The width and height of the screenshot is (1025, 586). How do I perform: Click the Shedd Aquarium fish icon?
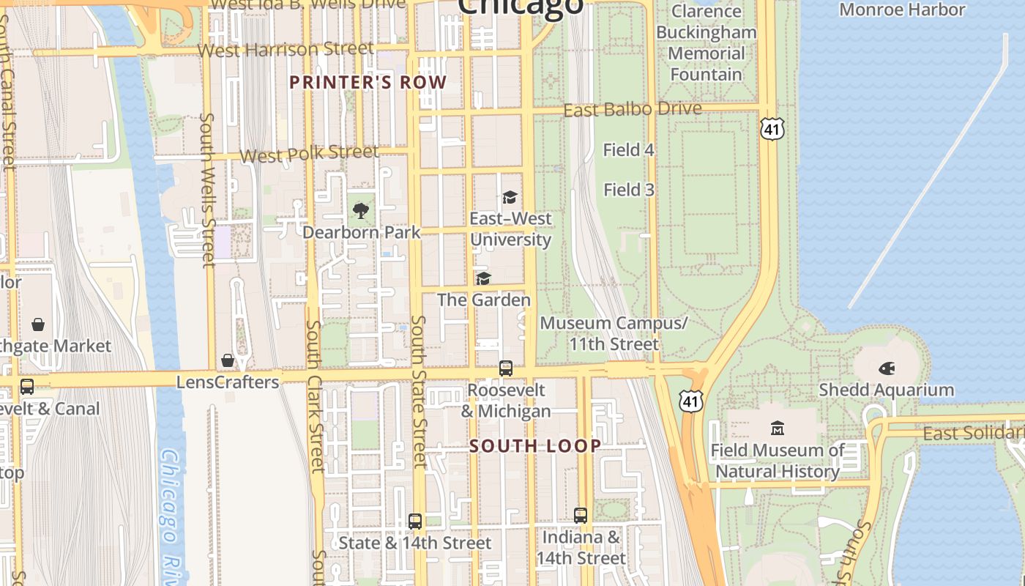887,368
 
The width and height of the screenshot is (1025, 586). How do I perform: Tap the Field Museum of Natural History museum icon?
778,428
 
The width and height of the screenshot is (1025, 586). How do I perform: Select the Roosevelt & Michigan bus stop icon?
506,368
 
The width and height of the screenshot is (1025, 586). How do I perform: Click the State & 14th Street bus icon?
415,522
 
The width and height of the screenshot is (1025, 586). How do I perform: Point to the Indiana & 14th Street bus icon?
581,516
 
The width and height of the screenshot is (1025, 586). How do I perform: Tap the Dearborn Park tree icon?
360,211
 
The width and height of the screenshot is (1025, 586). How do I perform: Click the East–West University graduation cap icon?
510,197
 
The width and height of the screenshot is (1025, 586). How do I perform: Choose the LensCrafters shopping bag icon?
228,360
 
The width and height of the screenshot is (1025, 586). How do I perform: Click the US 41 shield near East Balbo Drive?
772,129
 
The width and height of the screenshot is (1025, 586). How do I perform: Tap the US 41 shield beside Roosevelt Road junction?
690,400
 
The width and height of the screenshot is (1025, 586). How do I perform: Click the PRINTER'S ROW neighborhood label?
368,82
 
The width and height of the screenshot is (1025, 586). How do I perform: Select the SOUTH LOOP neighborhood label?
535,445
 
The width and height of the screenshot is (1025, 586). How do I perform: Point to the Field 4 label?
628,150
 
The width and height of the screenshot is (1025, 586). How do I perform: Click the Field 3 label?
628,190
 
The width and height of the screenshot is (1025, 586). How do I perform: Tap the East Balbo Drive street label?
633,109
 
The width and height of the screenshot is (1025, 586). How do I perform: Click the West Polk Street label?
309,154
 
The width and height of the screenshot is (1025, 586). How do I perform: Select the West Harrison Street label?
286,50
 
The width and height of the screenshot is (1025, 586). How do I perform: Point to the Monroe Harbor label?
902,10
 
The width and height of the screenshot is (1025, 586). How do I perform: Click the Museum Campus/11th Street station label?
614,333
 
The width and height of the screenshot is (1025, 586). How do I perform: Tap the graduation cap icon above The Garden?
483,278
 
